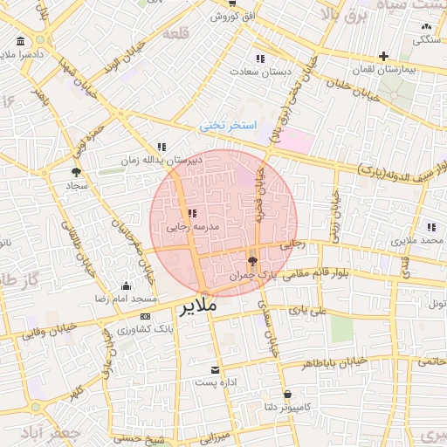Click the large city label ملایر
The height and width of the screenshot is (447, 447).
[x=203, y=309]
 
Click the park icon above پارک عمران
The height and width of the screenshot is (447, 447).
[x=252, y=261]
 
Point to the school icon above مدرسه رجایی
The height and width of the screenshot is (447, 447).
[x=192, y=213]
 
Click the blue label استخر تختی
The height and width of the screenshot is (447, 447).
[x=228, y=126]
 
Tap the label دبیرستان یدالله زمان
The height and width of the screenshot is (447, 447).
[x=173, y=161]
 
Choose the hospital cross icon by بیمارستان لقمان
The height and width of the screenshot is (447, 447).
[x=383, y=56]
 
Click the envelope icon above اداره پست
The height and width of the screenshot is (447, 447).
[x=215, y=369]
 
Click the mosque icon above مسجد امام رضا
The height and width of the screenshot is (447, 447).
[x=126, y=285]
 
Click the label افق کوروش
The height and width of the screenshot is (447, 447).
[x=235, y=17]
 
